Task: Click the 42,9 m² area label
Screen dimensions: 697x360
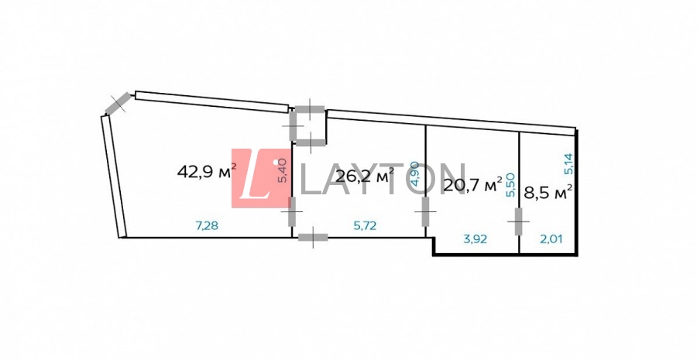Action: coord(207,170)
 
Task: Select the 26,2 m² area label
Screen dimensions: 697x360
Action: coord(365,176)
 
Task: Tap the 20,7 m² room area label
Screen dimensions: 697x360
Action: coord(473,184)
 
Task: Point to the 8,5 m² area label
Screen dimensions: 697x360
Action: coord(548,194)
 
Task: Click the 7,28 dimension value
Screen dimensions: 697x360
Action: coord(207,226)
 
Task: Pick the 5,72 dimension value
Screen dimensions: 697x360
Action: coord(365,226)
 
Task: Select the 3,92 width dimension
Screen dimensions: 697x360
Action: coord(476,239)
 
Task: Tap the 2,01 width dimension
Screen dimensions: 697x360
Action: coord(551,239)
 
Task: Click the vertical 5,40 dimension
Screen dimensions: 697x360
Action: coord(284,172)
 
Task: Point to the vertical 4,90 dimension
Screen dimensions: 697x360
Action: coord(416,173)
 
